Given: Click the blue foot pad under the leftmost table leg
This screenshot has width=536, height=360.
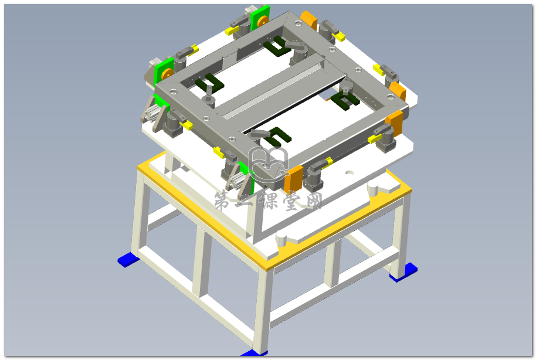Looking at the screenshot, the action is (128, 259).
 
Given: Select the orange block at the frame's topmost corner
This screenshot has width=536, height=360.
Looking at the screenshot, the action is (308, 20).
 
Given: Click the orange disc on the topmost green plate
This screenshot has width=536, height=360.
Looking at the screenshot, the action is (262, 22).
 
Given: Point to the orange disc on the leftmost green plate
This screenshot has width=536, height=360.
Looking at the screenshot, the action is (167, 74).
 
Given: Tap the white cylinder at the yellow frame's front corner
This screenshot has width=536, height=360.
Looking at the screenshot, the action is (281, 238).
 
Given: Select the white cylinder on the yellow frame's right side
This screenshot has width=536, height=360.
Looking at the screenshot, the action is (374, 188).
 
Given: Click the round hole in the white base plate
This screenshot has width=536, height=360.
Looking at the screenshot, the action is (349, 172).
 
